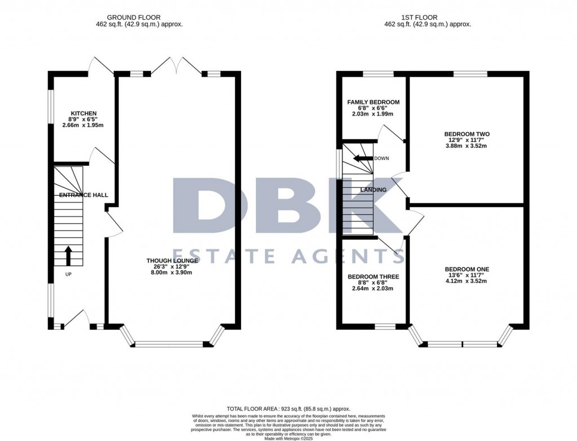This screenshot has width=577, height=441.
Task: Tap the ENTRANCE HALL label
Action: (x=83, y=195)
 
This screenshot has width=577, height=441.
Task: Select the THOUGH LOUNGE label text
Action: (x=172, y=261)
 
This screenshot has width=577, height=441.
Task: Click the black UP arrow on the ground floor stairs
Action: (x=68, y=255)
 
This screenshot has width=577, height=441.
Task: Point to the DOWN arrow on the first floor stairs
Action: (x=362, y=158)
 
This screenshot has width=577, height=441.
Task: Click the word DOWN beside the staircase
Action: (x=381, y=158)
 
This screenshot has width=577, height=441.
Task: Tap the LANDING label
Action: (x=374, y=189)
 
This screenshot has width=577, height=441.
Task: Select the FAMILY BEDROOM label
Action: (x=374, y=102)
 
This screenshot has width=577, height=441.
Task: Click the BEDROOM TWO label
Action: (x=467, y=134)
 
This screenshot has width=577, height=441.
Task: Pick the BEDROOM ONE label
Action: (x=467, y=270)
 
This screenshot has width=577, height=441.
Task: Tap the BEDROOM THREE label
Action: (x=374, y=277)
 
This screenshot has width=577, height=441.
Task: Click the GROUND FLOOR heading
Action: (x=134, y=17)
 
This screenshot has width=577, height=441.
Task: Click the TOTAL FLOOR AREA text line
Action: (x=288, y=409)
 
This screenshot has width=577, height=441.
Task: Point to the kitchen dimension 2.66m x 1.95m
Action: (x=83, y=125)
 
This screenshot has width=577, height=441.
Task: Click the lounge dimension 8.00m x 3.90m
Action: (x=172, y=272)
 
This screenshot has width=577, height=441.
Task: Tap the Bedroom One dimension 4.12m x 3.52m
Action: (x=467, y=281)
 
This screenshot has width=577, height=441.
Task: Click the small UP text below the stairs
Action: (x=68, y=274)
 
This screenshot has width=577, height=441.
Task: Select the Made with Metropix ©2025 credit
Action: (x=288, y=438)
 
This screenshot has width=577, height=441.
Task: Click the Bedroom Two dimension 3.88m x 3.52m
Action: (x=467, y=146)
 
